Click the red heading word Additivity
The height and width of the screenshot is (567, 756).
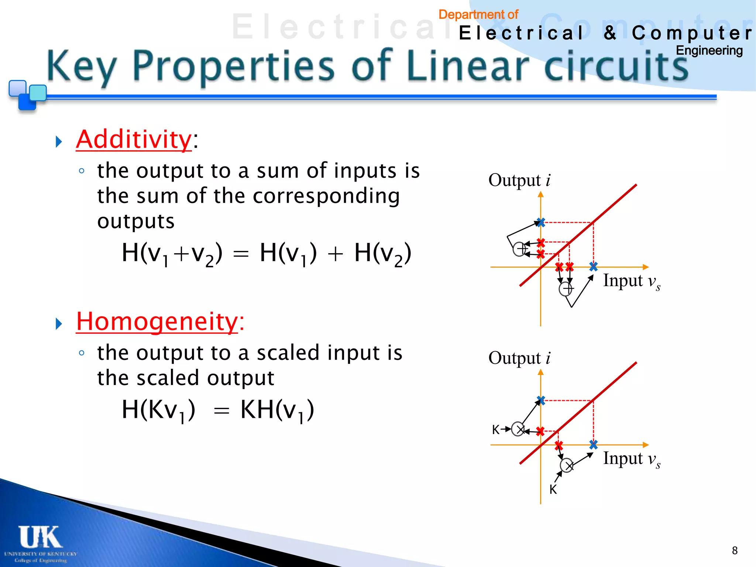134,140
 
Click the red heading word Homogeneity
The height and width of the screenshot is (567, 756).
157,322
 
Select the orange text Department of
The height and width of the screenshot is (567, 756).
478,14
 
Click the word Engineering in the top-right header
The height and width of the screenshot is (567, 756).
709,51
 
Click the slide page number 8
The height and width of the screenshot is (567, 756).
735,550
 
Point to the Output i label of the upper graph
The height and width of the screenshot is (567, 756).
519,180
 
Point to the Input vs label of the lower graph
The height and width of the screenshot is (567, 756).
631,459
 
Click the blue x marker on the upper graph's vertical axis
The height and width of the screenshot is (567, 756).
541,222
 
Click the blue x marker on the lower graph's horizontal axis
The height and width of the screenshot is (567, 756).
593,444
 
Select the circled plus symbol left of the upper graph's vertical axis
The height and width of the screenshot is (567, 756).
520,249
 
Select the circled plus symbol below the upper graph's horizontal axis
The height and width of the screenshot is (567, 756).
566,289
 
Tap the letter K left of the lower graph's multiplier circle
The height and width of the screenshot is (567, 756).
495,430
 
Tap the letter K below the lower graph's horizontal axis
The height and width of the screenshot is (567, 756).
553,489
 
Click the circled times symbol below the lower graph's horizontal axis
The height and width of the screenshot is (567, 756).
567,465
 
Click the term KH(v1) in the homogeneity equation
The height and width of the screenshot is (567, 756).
277,410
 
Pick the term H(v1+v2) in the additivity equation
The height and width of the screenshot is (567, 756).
172,253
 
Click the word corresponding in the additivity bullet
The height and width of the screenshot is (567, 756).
326,196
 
